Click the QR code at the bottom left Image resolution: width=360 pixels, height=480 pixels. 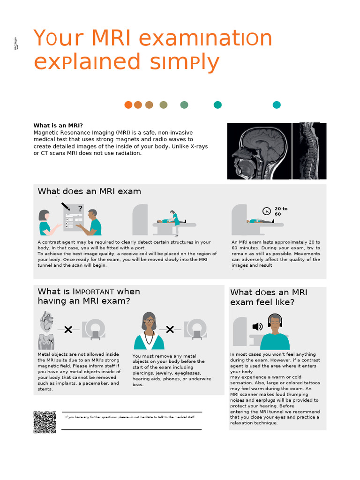click(x=45, y=422)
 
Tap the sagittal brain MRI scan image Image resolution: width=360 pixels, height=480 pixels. click(x=259, y=151)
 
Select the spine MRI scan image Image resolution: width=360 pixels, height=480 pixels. click(x=309, y=151)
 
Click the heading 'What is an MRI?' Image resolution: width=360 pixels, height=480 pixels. click(x=58, y=126)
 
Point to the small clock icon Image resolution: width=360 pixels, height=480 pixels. click(x=266, y=211)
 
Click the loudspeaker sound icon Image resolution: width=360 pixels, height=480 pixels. click(x=257, y=327)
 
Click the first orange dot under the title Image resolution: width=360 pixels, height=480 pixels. click(x=128, y=105)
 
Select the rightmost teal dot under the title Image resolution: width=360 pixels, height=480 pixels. click(x=277, y=105)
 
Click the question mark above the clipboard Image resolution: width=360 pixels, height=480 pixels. click(x=80, y=209)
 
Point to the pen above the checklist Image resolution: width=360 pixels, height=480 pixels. click(x=66, y=206)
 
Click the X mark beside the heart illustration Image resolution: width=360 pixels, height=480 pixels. click(x=68, y=330)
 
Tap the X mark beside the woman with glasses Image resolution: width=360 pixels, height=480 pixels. click(x=170, y=330)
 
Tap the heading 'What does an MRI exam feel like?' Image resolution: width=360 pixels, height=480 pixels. click(x=269, y=297)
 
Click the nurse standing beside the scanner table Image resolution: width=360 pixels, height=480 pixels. click(x=175, y=222)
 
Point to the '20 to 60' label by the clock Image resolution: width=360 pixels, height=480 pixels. click(x=281, y=211)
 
